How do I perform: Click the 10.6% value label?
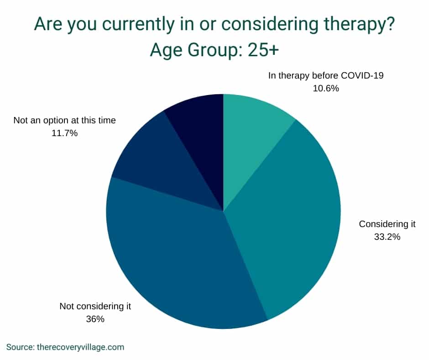point(326,89)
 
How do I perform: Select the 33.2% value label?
point(387,237)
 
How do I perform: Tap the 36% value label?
point(95,319)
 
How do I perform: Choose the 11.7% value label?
point(64,133)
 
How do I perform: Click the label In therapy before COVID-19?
point(326,75)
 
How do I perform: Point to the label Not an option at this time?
point(64,120)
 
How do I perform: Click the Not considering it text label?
point(95,306)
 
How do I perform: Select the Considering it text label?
point(387,224)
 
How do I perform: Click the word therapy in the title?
point(356,25)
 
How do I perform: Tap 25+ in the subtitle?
point(263,50)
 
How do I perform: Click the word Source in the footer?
point(19,347)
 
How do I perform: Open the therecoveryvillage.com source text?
point(80,348)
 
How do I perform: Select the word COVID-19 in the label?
point(362,75)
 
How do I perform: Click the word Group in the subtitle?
point(212,51)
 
